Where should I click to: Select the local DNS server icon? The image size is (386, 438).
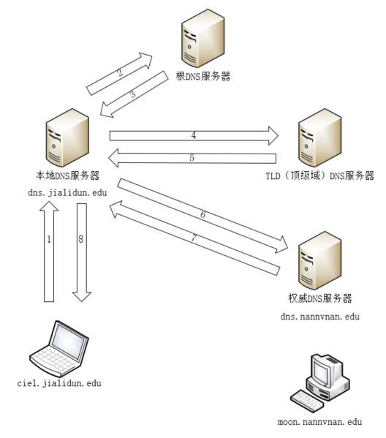[67, 139]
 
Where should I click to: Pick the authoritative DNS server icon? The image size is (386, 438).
[319, 261]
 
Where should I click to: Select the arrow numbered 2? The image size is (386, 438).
[120, 74]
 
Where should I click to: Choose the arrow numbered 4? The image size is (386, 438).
[194, 135]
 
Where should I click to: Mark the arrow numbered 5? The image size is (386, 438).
[194, 158]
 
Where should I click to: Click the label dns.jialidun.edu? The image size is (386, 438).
[67, 191]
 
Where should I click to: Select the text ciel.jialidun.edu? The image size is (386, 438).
[59, 383]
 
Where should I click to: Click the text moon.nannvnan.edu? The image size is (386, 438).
[319, 422]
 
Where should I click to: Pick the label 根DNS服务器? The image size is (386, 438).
[203, 76]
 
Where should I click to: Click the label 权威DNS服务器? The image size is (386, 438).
[320, 298]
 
